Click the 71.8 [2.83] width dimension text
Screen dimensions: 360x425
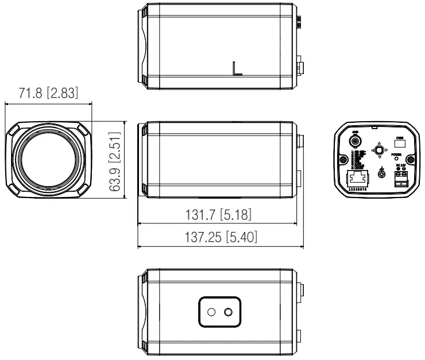pyautogui.click(x=48, y=93)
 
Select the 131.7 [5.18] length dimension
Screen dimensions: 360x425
pyautogui.click(x=218, y=215)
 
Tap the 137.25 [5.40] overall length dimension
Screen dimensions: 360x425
pyautogui.click(x=221, y=236)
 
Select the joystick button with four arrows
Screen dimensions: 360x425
pyautogui.click(x=378, y=150)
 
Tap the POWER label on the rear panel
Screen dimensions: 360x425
pyautogui.click(x=397, y=154)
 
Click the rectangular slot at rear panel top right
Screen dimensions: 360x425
pyautogui.click(x=400, y=140)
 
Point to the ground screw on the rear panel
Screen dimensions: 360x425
pyautogui.click(x=382, y=172)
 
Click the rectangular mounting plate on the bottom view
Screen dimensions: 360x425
pyautogui.click(x=219, y=312)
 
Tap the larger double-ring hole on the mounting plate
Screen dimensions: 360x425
pyautogui.click(x=229, y=312)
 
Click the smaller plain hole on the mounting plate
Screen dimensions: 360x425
pyautogui.click(x=211, y=312)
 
